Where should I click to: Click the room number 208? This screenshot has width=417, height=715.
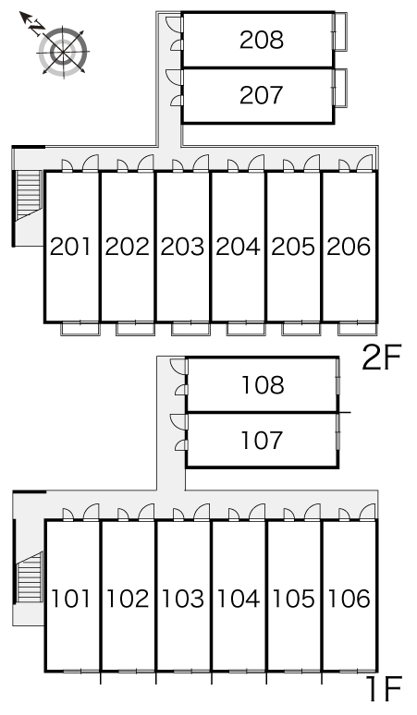click(x=262, y=40)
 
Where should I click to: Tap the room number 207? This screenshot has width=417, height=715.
click(x=262, y=95)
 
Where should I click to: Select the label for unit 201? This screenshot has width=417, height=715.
click(x=70, y=247)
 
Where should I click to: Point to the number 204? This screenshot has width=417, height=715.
click(x=238, y=247)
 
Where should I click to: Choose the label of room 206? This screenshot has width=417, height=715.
click(x=349, y=247)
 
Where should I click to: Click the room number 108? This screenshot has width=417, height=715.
click(x=263, y=385)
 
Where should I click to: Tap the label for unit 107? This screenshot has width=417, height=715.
click(x=262, y=441)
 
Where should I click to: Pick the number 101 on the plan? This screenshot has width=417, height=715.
click(x=70, y=599)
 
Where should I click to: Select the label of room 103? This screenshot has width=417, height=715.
click(x=182, y=599)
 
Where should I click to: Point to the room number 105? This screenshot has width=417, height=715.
click(x=293, y=599)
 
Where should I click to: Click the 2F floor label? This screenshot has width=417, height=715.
click(x=382, y=357)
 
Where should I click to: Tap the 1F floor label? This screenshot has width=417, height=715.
click(x=386, y=689)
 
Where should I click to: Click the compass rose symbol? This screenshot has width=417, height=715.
click(x=64, y=51)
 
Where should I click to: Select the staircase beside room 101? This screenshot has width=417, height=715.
click(x=30, y=577)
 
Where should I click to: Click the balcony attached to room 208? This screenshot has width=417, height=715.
click(x=340, y=31)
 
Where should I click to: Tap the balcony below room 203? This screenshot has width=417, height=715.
click(x=190, y=328)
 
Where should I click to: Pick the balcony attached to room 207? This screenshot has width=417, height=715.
click(x=340, y=87)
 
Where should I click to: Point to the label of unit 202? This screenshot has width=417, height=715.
click(x=127, y=247)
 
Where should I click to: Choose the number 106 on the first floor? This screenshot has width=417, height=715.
click(x=349, y=599)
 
